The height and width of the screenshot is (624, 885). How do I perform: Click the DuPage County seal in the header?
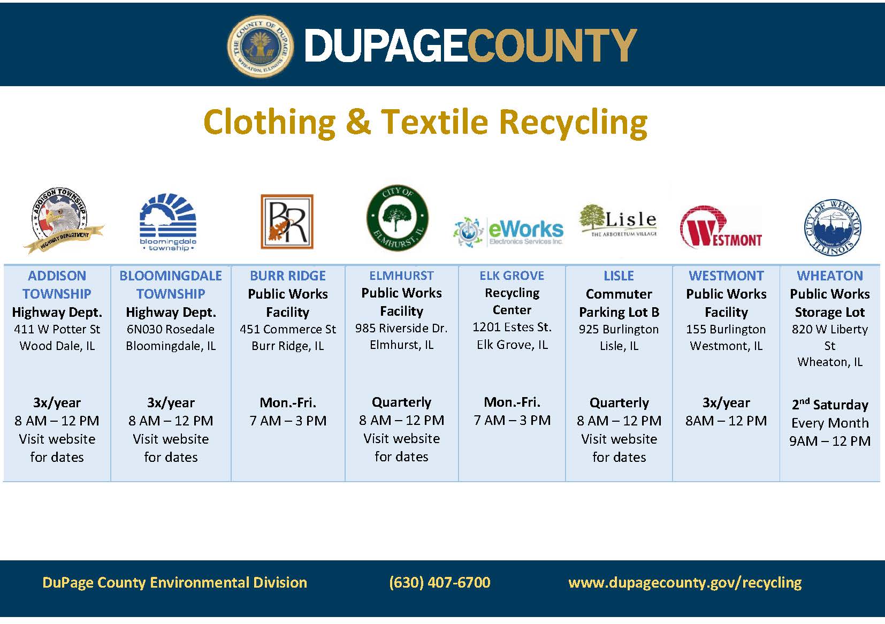coord(261,45)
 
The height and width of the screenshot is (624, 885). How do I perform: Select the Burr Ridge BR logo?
coord(287,222)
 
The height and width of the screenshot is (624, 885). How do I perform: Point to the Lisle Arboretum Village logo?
coord(618,220)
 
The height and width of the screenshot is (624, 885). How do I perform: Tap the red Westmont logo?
coord(721,227)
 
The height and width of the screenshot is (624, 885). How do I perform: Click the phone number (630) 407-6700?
coord(439,582)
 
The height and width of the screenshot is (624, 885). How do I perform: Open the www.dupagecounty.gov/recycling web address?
coord(685,582)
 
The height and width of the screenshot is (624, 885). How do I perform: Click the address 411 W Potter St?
coord(57,329)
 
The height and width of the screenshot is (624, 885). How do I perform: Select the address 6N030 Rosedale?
coord(171,329)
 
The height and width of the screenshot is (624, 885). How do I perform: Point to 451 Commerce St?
coord(288,329)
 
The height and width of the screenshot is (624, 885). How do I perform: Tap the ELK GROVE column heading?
coord(512,276)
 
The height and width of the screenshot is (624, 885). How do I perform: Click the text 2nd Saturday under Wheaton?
coord(830,405)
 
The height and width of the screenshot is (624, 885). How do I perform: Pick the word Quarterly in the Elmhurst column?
coord(401,402)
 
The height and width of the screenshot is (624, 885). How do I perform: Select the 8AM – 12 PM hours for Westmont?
coord(726,421)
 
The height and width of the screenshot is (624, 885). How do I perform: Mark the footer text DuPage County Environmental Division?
coord(174,582)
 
